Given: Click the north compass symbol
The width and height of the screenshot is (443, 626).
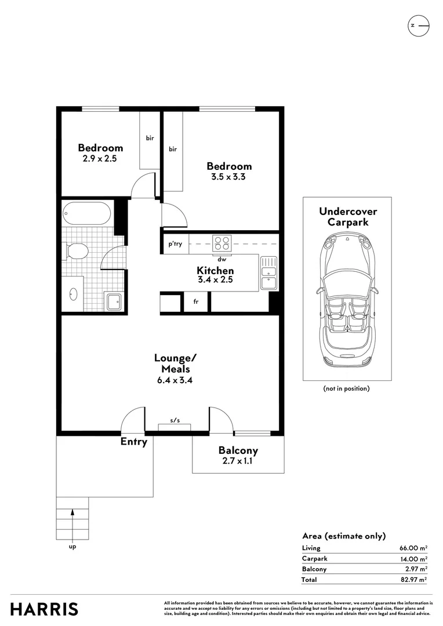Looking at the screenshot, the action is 418,26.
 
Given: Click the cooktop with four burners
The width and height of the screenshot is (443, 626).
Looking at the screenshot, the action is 222,243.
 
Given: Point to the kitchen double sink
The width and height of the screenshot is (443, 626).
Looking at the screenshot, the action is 268,272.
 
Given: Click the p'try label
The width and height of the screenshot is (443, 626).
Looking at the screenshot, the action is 175,244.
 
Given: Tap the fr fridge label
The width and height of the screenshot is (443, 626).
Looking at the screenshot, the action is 196,301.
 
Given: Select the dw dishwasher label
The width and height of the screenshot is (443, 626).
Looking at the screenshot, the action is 221,259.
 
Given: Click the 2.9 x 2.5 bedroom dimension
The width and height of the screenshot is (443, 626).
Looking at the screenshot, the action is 100,158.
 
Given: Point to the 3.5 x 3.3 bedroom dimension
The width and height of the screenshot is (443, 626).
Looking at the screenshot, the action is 228,177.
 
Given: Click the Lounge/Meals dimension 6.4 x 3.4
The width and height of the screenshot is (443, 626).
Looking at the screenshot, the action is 175,380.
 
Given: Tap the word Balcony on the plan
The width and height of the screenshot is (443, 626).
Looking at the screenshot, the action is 238,451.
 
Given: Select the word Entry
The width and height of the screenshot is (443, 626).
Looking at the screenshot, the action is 134,442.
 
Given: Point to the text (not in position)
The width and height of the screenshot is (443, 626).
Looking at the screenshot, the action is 346,388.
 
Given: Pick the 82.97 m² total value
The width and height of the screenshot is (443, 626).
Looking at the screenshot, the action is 414,580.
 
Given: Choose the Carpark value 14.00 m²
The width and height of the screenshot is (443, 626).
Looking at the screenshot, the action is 414,559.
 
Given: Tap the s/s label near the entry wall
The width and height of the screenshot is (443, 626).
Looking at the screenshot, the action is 175,420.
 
